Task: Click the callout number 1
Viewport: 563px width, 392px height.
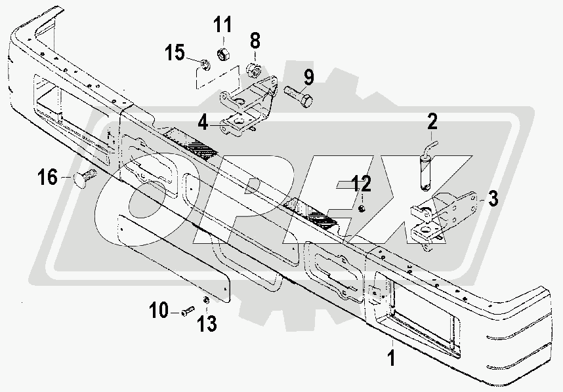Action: [x=391, y=358]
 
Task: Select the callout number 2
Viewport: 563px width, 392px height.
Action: [x=432, y=122]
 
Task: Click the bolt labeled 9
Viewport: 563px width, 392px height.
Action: [x=299, y=100]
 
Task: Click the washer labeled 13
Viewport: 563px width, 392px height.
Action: [x=206, y=300]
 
